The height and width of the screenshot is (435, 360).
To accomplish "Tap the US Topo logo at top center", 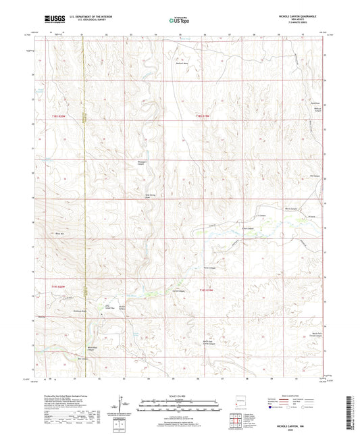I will (x=179, y=20).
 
